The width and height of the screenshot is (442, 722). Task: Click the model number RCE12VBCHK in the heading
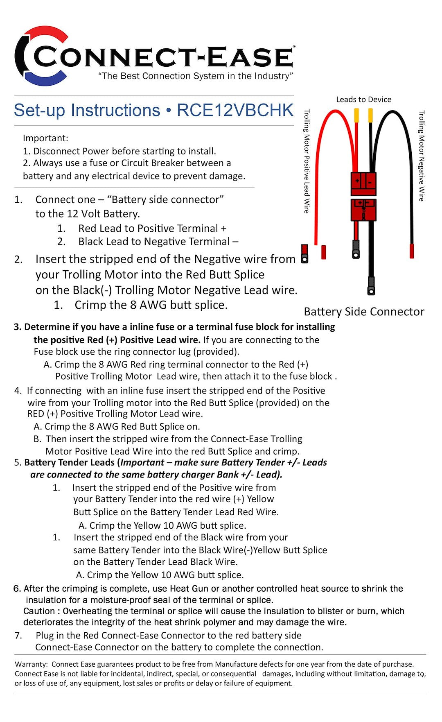point(235,111)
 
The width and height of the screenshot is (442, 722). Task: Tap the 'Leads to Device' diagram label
point(363,100)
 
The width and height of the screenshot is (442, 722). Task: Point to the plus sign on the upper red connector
point(357,180)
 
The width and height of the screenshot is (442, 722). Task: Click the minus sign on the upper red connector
point(370,181)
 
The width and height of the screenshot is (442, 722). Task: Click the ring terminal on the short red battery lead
point(356,250)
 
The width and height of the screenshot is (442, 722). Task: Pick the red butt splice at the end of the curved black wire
point(412,251)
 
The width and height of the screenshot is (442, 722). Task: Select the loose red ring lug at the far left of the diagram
point(304,254)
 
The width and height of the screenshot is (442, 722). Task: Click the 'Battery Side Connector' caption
point(364,312)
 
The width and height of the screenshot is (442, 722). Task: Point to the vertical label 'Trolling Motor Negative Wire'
point(422,156)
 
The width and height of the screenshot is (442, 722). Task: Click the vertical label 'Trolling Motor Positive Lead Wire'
point(307,161)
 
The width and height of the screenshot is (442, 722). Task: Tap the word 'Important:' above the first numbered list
point(45,138)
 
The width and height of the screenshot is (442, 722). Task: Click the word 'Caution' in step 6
point(39,611)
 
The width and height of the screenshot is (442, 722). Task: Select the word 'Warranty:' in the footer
point(31,664)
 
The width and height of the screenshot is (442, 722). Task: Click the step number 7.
point(18,636)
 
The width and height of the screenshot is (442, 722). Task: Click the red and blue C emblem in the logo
point(41,56)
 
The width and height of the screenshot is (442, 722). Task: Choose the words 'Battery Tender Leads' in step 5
point(69,462)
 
